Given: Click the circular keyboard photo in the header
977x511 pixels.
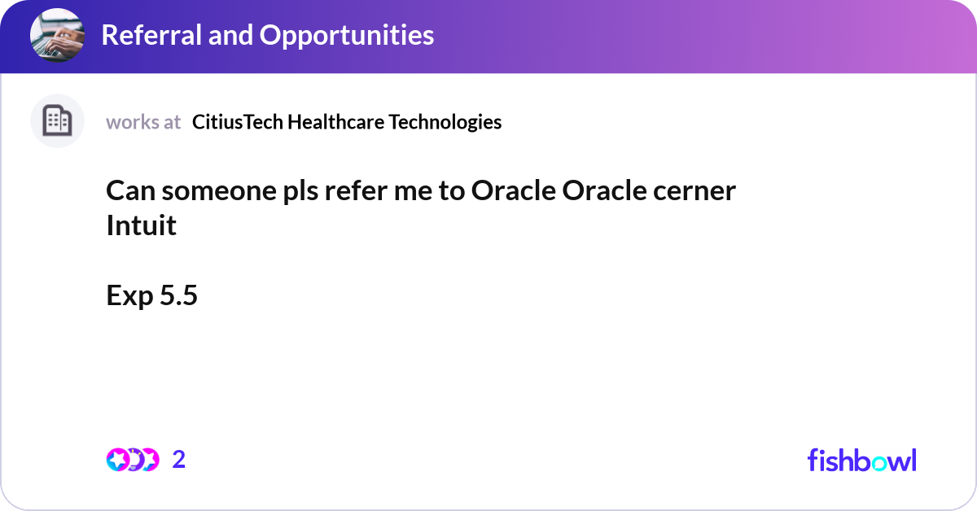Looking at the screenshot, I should pos(58,36).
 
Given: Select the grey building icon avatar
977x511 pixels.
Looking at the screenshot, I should pos(57,121).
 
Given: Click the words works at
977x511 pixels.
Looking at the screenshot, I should pos(143,122).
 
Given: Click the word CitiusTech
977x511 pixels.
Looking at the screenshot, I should pos(237,122).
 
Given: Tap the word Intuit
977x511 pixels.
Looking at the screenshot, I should pos(141,225).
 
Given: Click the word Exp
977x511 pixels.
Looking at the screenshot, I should pos(129,296).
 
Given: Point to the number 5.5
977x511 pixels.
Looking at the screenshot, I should pos(178,296).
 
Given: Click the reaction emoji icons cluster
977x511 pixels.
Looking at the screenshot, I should pos(132,460).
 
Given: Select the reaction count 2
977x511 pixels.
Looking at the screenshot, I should pos(179,460).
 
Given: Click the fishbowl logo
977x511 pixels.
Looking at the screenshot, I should pos(861,460).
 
